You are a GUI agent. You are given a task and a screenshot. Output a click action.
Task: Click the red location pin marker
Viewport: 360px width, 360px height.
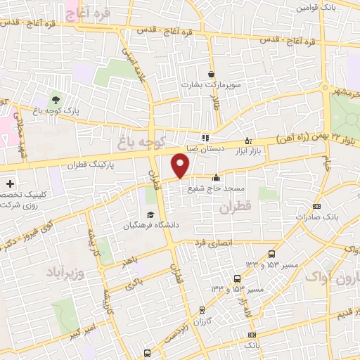tap(181, 167)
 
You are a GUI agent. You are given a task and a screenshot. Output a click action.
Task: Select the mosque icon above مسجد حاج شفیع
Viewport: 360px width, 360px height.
tap(215, 177)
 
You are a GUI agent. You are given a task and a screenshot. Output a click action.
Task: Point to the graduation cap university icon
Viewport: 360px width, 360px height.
tap(149, 215)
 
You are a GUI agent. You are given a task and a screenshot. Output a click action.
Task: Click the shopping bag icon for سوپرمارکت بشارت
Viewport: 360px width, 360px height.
tap(212, 75)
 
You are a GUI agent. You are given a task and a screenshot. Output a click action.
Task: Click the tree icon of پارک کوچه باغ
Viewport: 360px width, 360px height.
tap(56, 98)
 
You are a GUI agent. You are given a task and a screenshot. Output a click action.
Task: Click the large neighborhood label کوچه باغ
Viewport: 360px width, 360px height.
tap(160, 139)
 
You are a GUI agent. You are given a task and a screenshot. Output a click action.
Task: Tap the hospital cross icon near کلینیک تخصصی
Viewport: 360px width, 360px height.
tap(10, 184)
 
